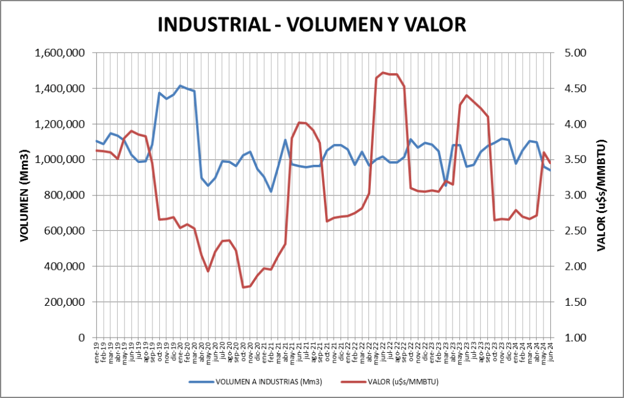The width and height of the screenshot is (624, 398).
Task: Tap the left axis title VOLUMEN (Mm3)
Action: (x=25, y=195)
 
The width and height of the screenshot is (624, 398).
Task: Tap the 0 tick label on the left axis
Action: (x=81, y=338)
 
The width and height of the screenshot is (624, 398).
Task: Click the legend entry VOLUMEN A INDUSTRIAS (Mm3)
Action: (x=268, y=382)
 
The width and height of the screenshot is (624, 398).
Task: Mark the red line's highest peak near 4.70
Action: (x=383, y=73)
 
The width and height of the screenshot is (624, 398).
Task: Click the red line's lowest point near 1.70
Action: (x=243, y=287)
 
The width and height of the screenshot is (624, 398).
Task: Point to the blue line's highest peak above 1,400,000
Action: (x=180, y=85)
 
